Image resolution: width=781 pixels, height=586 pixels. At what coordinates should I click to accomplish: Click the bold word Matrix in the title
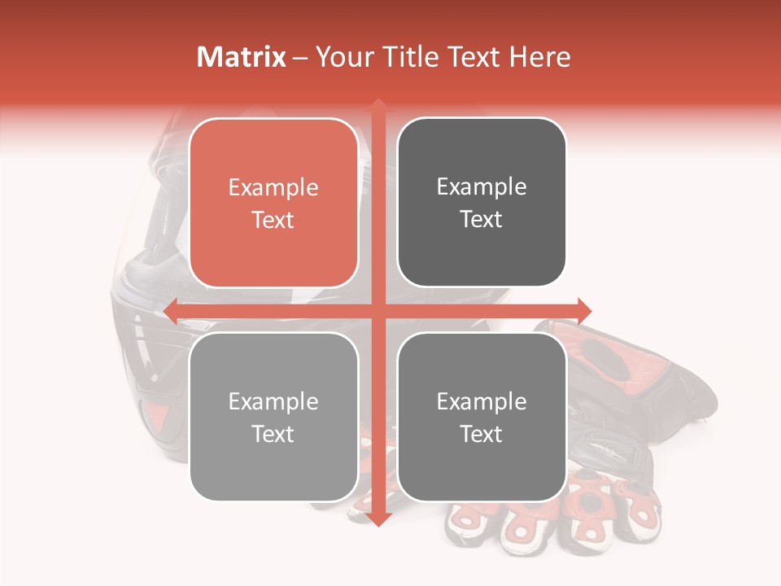[x=242, y=57]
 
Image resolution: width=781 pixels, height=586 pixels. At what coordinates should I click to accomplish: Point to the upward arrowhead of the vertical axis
[x=377, y=106]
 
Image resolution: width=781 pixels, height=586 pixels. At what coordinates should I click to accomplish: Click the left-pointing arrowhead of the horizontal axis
[x=172, y=310]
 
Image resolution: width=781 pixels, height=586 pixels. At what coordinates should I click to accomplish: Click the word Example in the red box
[x=273, y=188]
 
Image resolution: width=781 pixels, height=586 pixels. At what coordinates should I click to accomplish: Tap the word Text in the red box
[x=273, y=221]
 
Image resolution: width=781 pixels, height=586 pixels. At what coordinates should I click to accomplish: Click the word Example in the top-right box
[x=482, y=187]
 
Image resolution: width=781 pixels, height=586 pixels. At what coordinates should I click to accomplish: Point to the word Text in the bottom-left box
[x=273, y=435]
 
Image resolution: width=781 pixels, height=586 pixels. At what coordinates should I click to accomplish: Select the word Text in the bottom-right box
[x=482, y=435]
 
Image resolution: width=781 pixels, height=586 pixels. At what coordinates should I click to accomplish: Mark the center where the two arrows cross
[x=377, y=310]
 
